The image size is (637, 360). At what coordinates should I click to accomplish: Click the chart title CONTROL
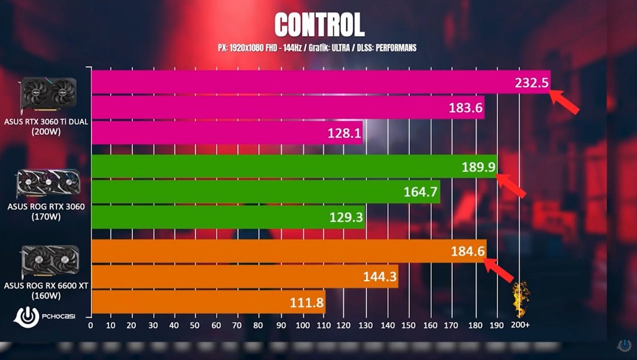pos(319,25)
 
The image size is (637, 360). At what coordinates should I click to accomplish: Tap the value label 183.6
pos(465,108)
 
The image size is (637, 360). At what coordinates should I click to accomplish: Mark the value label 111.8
pos(306,302)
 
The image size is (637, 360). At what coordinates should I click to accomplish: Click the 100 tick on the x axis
pos(302,324)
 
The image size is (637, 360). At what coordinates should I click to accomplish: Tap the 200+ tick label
pos(520,324)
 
